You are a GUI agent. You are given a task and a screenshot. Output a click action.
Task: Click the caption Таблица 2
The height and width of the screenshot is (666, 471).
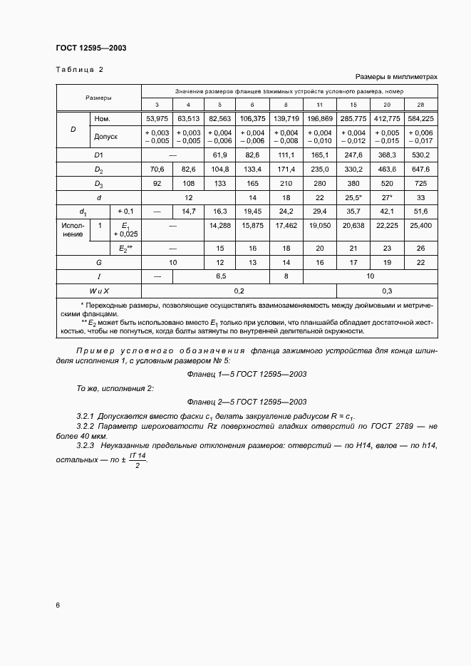[x=79, y=69]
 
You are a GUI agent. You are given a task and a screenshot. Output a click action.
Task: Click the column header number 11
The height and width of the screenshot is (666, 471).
[x=319, y=105]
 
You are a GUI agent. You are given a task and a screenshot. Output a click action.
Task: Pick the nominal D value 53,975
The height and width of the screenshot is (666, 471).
[x=157, y=118]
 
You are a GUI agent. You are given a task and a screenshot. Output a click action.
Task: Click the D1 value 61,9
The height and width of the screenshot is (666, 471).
[x=219, y=154]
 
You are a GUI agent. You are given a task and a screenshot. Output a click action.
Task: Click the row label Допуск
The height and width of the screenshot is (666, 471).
[x=105, y=135]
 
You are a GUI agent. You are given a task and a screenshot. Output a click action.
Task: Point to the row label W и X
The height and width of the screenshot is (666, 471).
[x=98, y=291]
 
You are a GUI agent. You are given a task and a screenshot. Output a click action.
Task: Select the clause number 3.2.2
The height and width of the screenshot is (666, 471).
[x=88, y=425]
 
